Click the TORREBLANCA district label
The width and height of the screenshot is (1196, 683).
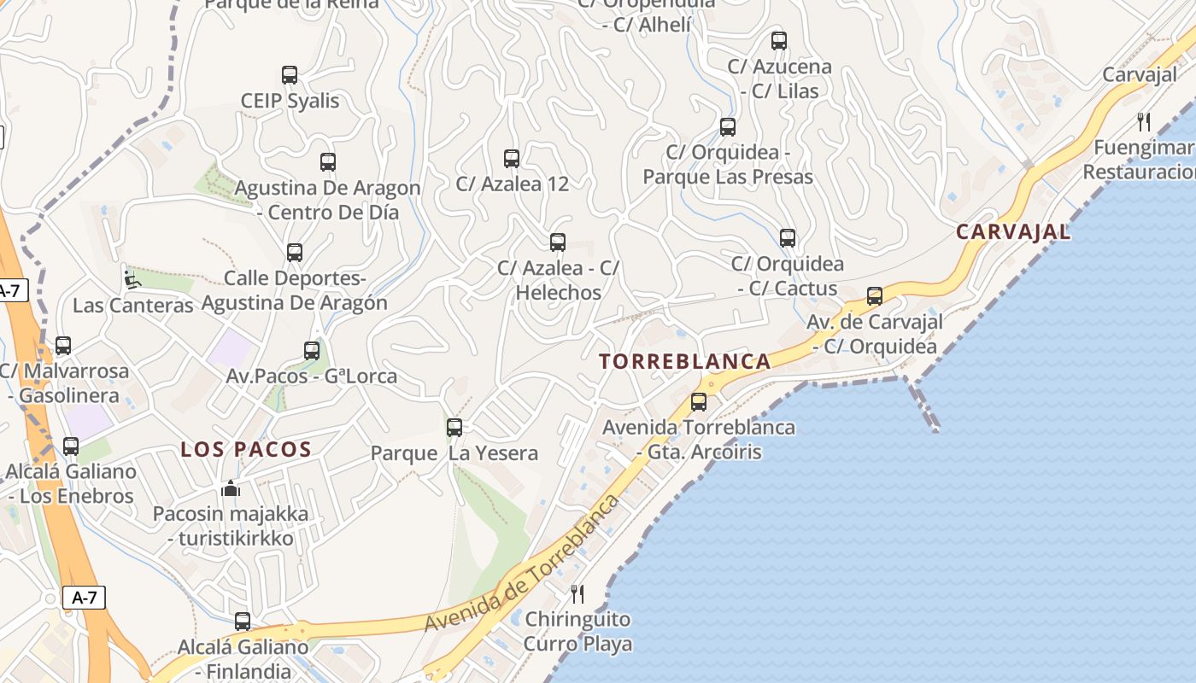point(685,361)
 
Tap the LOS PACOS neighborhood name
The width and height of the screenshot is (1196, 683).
point(246,449)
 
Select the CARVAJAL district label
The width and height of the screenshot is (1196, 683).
point(1013,231)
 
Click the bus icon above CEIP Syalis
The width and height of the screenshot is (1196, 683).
point(290,75)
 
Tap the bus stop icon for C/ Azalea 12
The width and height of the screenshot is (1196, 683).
point(512,158)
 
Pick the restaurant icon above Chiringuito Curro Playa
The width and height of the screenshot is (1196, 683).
point(577,593)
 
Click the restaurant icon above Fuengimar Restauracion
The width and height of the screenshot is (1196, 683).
point(1144,122)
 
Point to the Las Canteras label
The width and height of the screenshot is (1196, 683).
point(133,305)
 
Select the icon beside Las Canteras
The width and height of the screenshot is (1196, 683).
point(131,278)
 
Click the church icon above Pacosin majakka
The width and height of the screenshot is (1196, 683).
point(231,489)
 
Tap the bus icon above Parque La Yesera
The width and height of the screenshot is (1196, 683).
point(454,427)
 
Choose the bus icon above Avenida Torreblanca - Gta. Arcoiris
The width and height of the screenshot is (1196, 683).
point(699,401)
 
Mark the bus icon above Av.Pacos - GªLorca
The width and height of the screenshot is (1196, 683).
point(312,350)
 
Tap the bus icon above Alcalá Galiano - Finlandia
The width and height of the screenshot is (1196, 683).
point(243,622)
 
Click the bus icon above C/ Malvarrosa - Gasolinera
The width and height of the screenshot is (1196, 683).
point(63,346)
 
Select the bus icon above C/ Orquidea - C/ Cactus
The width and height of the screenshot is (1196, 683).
point(788,238)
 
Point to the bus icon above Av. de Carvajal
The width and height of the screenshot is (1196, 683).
point(875,296)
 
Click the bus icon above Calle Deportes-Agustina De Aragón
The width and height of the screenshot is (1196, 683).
point(295,253)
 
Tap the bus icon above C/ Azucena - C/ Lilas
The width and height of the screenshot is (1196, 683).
point(779,40)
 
